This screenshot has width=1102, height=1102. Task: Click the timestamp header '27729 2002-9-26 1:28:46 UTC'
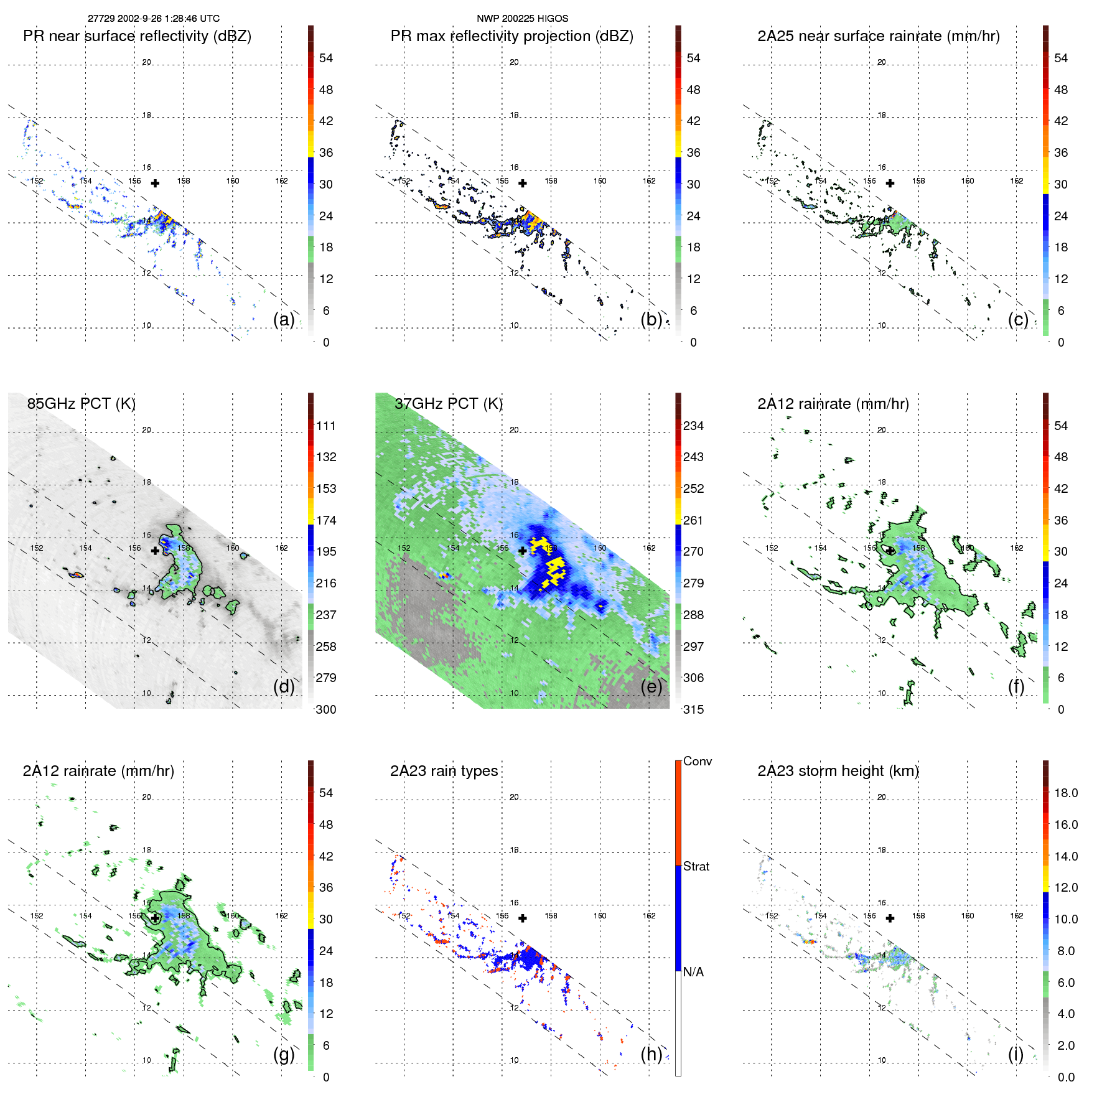coord(153,19)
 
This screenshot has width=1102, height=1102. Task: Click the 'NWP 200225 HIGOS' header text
coord(522,19)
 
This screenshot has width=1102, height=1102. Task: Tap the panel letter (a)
coord(284,320)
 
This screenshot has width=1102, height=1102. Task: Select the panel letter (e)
coord(651,687)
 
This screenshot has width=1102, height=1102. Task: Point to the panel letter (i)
coord(1016,1054)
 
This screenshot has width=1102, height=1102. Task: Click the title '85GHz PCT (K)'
coord(81,404)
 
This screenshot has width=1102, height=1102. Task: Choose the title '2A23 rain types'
coord(444,771)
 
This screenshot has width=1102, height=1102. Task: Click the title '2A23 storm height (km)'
coord(838,771)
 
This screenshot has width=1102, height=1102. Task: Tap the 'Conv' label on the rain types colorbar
coord(698,762)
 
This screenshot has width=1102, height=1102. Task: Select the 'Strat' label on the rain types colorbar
coord(696,867)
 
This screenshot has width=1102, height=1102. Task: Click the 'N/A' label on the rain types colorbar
coord(694,972)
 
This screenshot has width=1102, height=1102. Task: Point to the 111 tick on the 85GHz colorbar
coord(326,426)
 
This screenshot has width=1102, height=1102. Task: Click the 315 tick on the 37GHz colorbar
coord(693,710)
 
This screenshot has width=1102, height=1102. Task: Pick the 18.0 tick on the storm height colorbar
coord(1066,793)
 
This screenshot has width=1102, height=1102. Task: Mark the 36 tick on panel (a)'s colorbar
coord(326,153)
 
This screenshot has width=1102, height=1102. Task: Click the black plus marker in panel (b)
coord(523,184)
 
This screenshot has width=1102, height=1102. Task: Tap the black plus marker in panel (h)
coord(523,918)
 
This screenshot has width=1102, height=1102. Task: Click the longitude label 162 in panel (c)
coord(1017,181)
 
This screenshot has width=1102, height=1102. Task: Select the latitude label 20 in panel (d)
coord(147,430)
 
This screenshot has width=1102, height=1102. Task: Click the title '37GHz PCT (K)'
coord(448,404)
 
